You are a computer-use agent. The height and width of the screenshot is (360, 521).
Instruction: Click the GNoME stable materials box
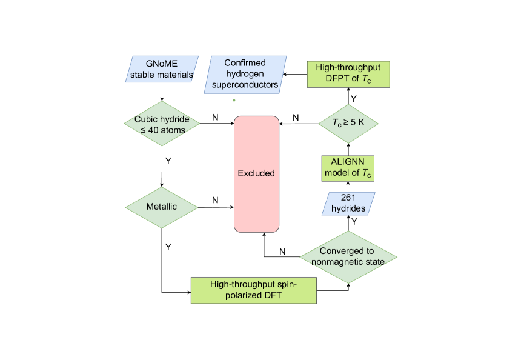pyautogui.click(x=162, y=69)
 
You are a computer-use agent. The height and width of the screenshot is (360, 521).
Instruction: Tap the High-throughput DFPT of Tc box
pyautogui.click(x=348, y=74)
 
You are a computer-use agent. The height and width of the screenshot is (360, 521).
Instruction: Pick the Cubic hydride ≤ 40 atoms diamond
pyautogui.click(x=162, y=123)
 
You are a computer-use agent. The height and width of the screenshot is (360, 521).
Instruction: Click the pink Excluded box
pyautogui.click(x=256, y=173)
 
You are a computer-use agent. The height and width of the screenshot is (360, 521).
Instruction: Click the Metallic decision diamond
pyautogui.click(x=162, y=207)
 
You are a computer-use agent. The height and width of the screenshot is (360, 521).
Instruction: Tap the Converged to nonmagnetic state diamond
pyautogui.click(x=348, y=256)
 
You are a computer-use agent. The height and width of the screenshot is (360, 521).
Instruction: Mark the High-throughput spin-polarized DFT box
pyautogui.click(x=254, y=290)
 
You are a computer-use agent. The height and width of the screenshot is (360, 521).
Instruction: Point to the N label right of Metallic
pyautogui.click(x=215, y=201)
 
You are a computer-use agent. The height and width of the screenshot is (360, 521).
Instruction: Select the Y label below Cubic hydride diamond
pyautogui.click(x=168, y=161)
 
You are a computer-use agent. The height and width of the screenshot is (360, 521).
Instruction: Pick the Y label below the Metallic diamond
pyautogui.click(x=168, y=248)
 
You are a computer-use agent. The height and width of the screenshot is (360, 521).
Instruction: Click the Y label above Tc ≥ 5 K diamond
pyautogui.click(x=354, y=97)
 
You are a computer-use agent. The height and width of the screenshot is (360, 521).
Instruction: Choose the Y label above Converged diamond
pyautogui.click(x=354, y=222)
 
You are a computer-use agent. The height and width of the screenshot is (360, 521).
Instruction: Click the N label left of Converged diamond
pyautogui.click(x=282, y=251)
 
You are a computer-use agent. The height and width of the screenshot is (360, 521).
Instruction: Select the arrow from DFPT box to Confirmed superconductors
pyautogui.click(x=295, y=74)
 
